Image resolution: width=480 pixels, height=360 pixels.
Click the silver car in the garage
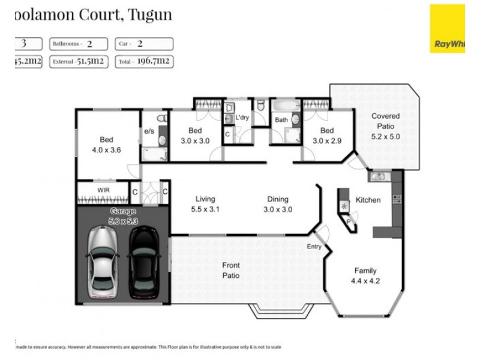click(x=102, y=262)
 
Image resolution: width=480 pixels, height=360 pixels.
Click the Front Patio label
click(x=231, y=271)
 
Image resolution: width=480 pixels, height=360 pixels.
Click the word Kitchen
click(x=368, y=200)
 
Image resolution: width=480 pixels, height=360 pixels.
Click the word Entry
click(x=314, y=247)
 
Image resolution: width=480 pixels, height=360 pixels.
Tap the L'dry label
click(x=242, y=118)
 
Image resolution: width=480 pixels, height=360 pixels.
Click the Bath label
click(x=281, y=120)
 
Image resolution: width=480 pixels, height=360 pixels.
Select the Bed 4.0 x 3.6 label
click(x=107, y=145)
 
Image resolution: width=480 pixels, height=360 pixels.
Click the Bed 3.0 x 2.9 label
click(x=326, y=136)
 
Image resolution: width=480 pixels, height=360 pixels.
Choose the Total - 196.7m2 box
click(x=143, y=61)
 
